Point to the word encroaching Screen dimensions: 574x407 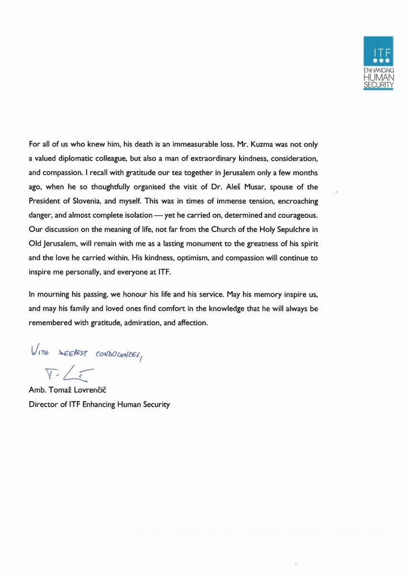(x=297, y=201)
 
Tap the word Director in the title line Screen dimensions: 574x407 (x=42, y=405)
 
